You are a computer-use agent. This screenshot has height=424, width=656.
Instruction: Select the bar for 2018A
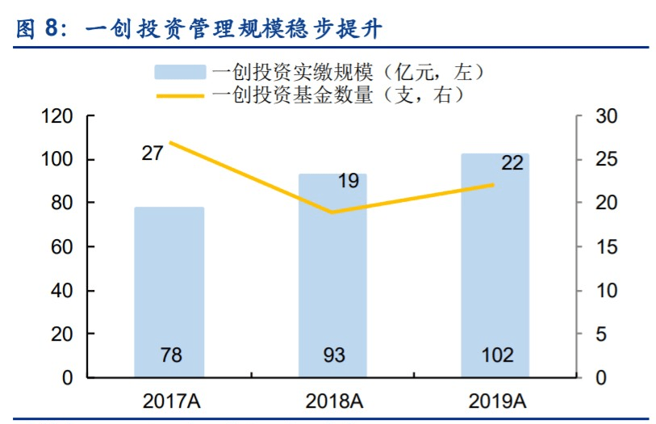click(x=332, y=275)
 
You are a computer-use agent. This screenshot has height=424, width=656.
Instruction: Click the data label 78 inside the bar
click(x=169, y=355)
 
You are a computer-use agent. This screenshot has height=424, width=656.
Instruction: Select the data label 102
click(x=495, y=355)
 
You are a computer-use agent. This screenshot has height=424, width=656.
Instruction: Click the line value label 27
click(x=153, y=153)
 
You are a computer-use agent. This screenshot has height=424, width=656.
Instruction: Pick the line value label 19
click(x=348, y=181)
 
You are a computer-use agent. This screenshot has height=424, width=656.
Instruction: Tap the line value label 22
click(x=512, y=162)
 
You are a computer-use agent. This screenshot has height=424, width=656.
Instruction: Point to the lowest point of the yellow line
click(x=332, y=212)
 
